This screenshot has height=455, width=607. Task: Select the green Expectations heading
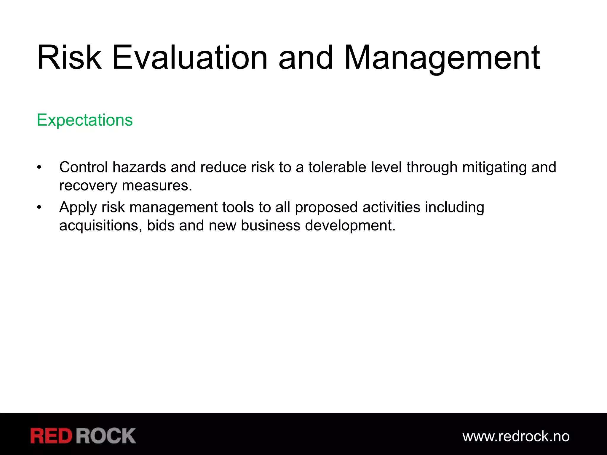tap(85, 120)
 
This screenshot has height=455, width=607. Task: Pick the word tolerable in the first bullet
tap(337, 167)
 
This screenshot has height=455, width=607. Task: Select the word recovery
tap(88, 186)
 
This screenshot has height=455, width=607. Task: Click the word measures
tap(157, 186)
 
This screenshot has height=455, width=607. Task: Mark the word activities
tap(391, 207)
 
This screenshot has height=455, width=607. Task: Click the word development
tap(350, 225)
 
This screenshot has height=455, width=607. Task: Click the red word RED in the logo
tap(51, 436)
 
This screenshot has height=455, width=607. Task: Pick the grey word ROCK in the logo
tap(106, 436)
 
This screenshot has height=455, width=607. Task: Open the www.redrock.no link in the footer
tap(516, 436)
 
